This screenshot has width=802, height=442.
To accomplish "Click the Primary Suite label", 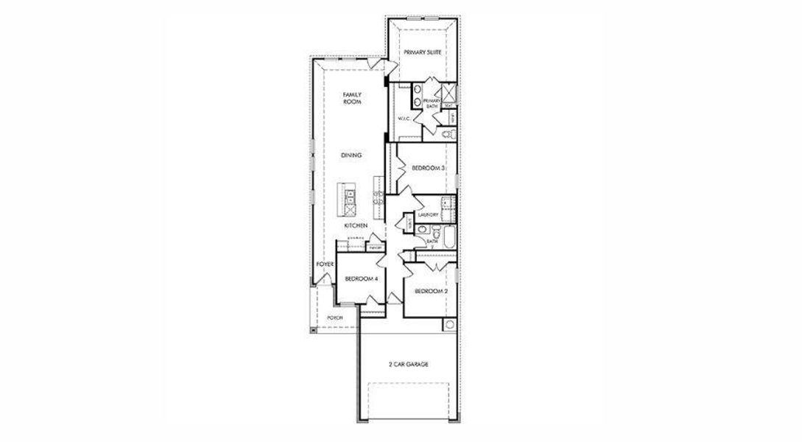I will coord(422,52).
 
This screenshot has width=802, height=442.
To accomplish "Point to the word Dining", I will coord(351,155).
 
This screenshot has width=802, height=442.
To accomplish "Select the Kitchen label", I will coord(356,225).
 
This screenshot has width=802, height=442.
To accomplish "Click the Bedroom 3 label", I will coord(428,169).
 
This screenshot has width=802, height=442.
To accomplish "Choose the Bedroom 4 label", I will coord(361,278).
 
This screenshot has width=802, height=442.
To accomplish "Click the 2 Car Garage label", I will coord(408,365).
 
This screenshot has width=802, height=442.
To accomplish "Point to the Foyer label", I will coord(325,264).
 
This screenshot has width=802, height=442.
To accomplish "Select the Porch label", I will coord(334,318).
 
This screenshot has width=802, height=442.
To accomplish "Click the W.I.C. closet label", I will coord(404,118).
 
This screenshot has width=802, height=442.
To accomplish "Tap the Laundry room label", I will coord(428,214).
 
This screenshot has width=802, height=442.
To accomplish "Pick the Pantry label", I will coord(376,248).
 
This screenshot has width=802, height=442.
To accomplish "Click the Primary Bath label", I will coord(432,104).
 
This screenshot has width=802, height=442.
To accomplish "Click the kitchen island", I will coord(347,198).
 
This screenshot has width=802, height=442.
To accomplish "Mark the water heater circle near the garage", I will coord(449,325).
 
